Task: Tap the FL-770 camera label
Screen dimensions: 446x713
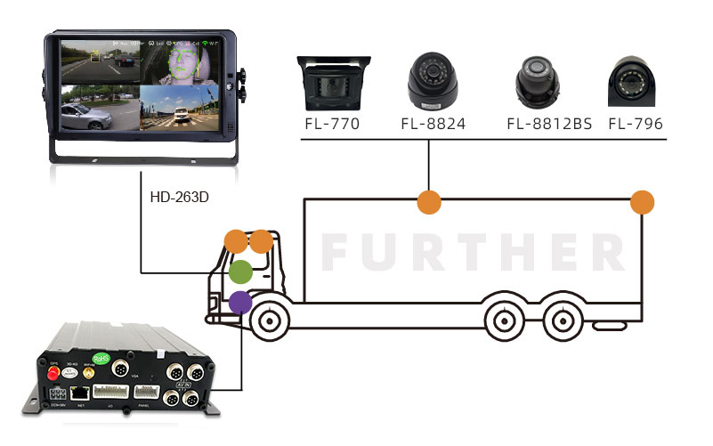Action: [330, 124]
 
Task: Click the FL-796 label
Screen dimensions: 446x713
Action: [636, 124]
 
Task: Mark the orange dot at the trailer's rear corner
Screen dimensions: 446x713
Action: [642, 201]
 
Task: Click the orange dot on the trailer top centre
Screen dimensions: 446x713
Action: [429, 201]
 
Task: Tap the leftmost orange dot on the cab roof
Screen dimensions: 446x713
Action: [235, 240]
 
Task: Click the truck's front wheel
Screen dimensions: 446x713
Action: [271, 321]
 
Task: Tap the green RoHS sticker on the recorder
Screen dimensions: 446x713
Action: [101, 359]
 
